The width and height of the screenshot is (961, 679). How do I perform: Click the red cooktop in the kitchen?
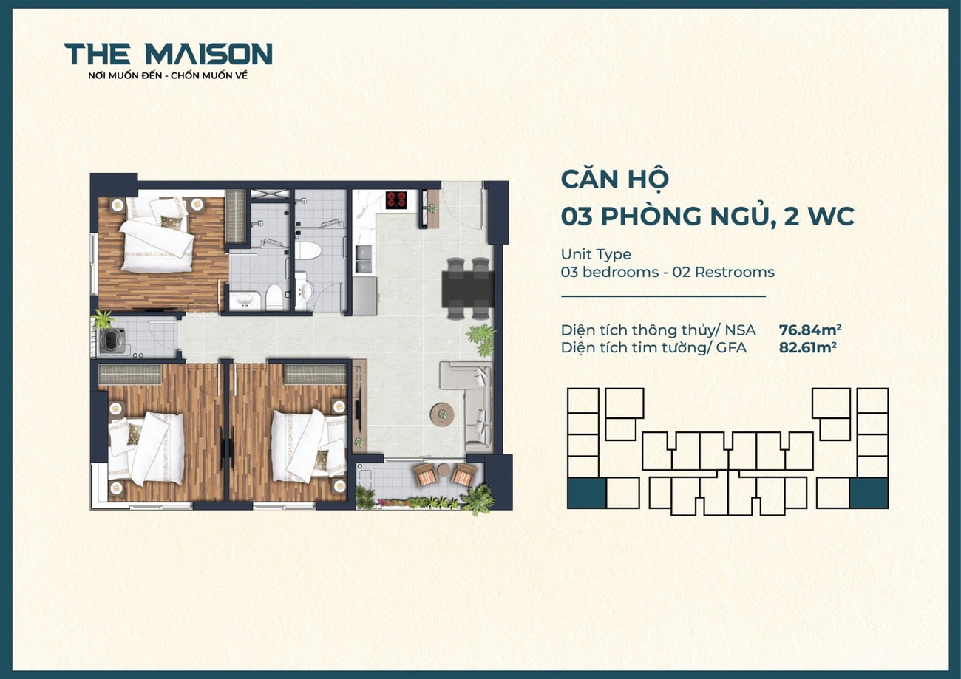click(x=396, y=199)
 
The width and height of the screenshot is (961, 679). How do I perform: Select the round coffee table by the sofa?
click(x=442, y=414)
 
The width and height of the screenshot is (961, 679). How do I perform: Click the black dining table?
click(x=467, y=288)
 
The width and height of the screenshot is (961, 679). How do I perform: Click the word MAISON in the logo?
click(x=208, y=54)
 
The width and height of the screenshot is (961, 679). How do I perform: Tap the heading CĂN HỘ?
click(x=614, y=180)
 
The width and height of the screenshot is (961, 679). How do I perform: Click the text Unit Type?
click(x=596, y=254)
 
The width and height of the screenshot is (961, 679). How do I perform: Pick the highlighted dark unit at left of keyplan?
click(x=586, y=493)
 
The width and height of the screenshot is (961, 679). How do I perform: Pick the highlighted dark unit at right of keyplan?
click(x=869, y=493)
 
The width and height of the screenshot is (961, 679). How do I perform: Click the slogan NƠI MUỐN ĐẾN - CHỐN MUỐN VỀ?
click(x=168, y=75)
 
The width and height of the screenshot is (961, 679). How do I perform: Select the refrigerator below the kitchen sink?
click(x=364, y=295)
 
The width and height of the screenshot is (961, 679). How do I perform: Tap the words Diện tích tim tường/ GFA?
click(x=653, y=347)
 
